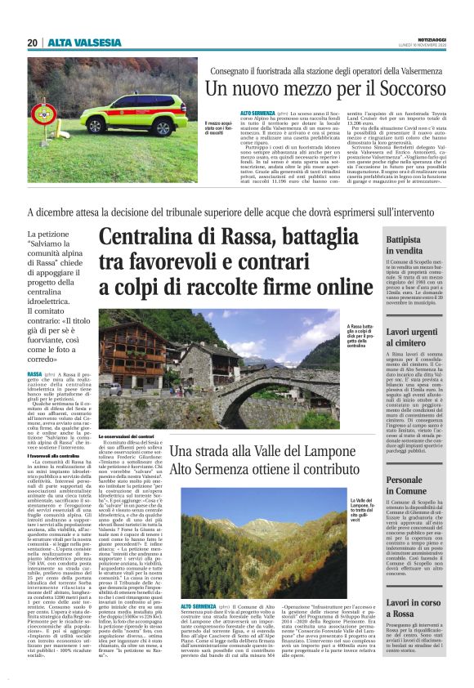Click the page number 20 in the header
tap(33, 42)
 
